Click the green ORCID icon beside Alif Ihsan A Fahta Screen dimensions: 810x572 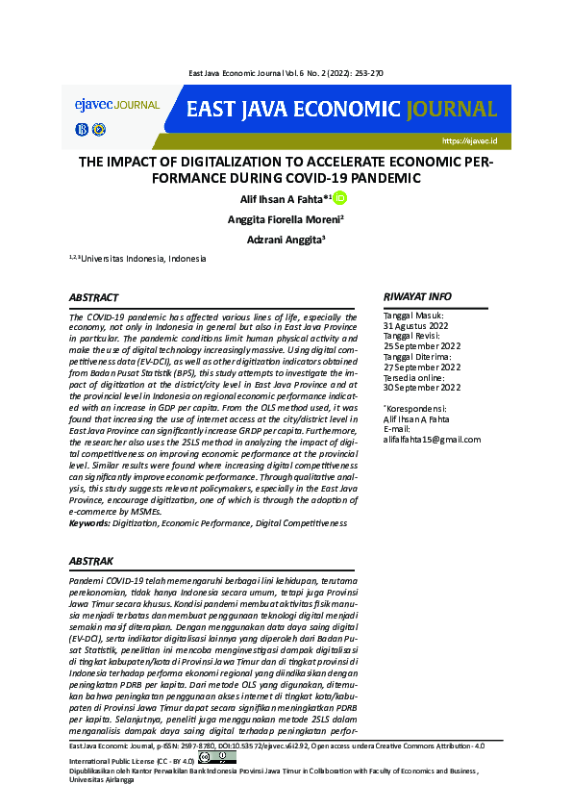339,198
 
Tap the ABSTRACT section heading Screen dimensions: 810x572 94,298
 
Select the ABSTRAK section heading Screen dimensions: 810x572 92,560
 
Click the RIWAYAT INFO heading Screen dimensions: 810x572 417,297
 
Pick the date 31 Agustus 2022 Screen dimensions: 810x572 416,326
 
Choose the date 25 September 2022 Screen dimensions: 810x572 422,346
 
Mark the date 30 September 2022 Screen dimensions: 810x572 422,388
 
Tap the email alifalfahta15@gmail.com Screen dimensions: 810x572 432,440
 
